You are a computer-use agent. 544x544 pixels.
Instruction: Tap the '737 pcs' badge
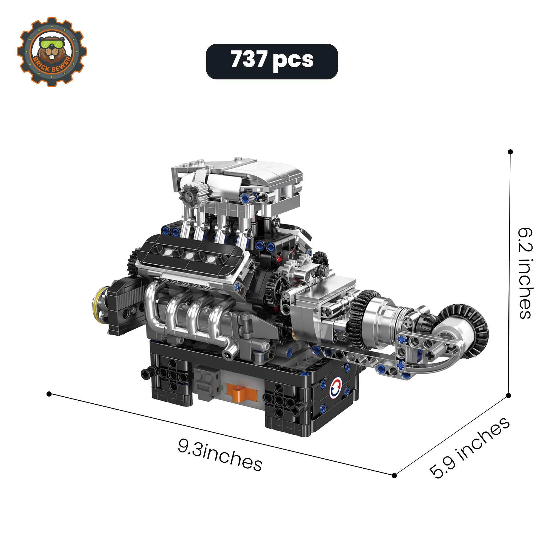272,61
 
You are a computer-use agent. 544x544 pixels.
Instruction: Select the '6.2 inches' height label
526,273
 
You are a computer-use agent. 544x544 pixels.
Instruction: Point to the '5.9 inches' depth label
469,448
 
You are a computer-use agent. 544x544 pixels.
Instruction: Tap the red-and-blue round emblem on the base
335,388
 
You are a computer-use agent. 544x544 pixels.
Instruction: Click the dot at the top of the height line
510,152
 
